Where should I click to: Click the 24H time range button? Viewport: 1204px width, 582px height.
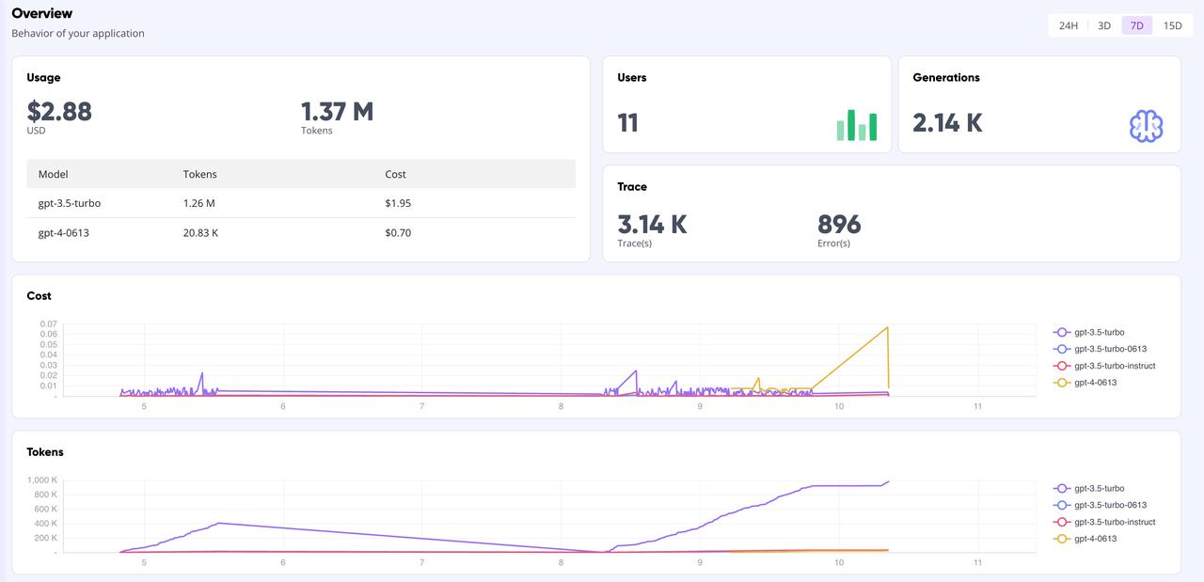coord(1068,25)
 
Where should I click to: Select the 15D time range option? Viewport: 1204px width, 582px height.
coord(1172,25)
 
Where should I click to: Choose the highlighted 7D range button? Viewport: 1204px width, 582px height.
coord(1136,25)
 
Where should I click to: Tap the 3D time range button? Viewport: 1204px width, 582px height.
coord(1104,25)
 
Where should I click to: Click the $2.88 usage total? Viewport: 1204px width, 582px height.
coord(59,112)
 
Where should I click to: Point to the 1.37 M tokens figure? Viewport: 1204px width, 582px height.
coord(337,112)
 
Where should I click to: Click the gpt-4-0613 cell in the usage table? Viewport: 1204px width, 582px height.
coord(64,232)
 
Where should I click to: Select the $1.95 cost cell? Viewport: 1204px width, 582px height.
coord(398,203)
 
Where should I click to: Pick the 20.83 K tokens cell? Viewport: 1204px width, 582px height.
coord(202,232)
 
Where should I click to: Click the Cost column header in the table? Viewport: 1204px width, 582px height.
coord(396,174)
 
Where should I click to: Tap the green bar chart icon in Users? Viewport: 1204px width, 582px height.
coord(856,125)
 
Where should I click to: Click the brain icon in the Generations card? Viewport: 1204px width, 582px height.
coord(1146,126)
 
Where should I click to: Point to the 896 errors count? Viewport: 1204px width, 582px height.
coord(839,225)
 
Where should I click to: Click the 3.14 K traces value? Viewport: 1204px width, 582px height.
coord(652,225)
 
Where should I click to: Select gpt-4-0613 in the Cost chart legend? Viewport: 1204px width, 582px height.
coord(1095,383)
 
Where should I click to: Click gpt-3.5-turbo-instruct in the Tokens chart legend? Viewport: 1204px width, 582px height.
coord(1114,522)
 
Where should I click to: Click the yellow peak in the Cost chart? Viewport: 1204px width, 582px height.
coord(887,327)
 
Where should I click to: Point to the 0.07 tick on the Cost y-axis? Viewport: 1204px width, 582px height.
coord(48,324)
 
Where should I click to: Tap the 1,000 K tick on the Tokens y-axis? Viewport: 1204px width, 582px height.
coord(41,480)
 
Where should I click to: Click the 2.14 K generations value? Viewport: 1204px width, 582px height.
coord(947,123)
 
